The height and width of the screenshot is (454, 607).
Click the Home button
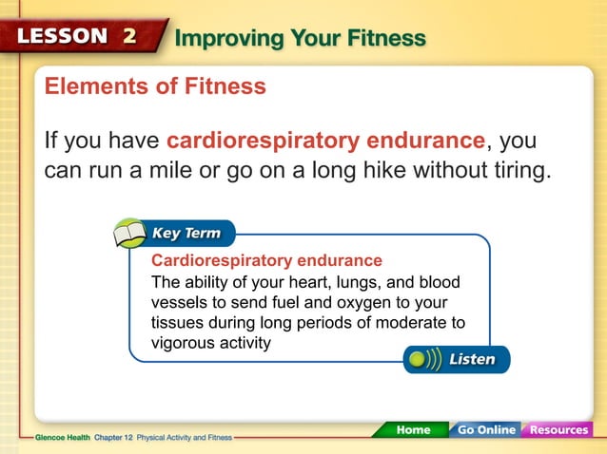pyautogui.click(x=412, y=430)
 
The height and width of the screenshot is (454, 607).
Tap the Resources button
pyautogui.click(x=558, y=430)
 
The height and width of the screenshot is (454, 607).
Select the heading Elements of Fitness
pyautogui.click(x=155, y=87)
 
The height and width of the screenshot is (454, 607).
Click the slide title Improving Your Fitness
pyautogui.click(x=301, y=38)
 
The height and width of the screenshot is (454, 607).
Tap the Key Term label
pyautogui.click(x=186, y=234)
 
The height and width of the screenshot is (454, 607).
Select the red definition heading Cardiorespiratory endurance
pyautogui.click(x=266, y=260)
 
